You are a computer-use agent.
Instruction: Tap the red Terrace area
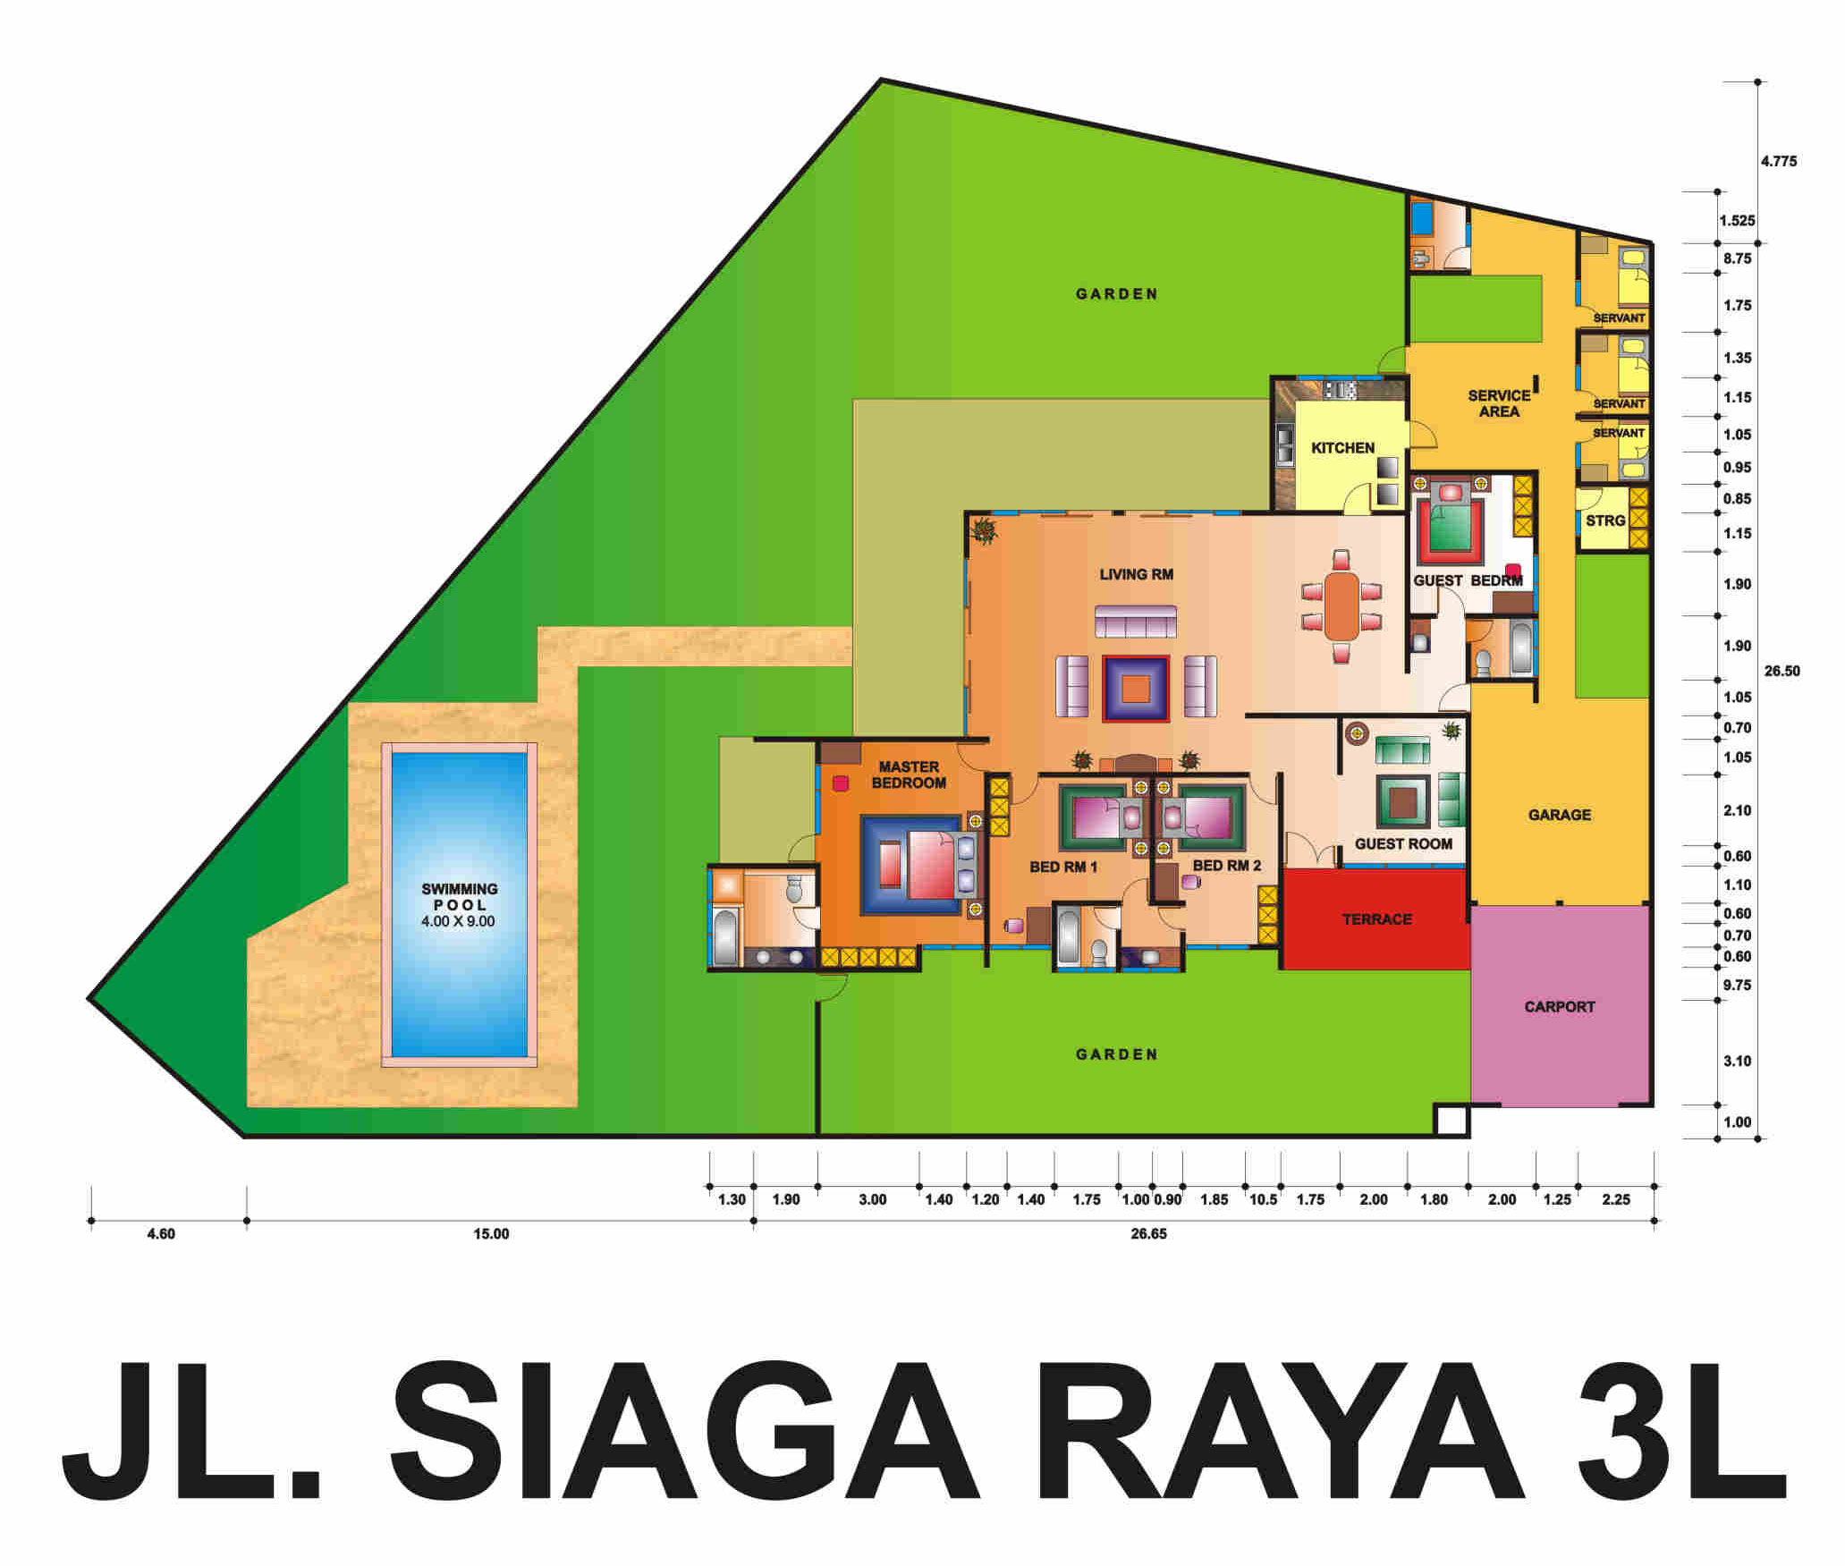pyautogui.click(x=1376, y=918)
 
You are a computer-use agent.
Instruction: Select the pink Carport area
pyautogui.click(x=1560, y=1006)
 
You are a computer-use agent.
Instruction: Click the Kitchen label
pyautogui.click(x=1342, y=447)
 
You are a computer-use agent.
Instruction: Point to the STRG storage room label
pyautogui.click(x=1605, y=521)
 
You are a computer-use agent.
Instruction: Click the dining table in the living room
pyautogui.click(x=1341, y=605)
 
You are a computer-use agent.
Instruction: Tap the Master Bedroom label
pyautogui.click(x=909, y=775)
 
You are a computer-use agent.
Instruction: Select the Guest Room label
pyautogui.click(x=1403, y=843)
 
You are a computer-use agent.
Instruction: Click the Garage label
pyautogui.click(x=1560, y=815)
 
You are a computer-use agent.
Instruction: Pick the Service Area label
pyautogui.click(x=1499, y=403)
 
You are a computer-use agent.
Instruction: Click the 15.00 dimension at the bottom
pyautogui.click(x=491, y=1233)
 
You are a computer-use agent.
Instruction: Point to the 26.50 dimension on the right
pyautogui.click(x=1782, y=671)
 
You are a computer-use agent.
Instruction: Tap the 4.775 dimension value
pyautogui.click(x=1778, y=162)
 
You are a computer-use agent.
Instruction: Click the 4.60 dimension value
pyautogui.click(x=161, y=1233)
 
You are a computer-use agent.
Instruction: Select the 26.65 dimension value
pyautogui.click(x=1148, y=1233)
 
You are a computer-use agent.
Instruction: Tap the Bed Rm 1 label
pyautogui.click(x=1063, y=867)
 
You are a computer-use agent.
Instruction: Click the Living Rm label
pyautogui.click(x=1136, y=574)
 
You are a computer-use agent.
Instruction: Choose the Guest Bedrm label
pyautogui.click(x=1468, y=580)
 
